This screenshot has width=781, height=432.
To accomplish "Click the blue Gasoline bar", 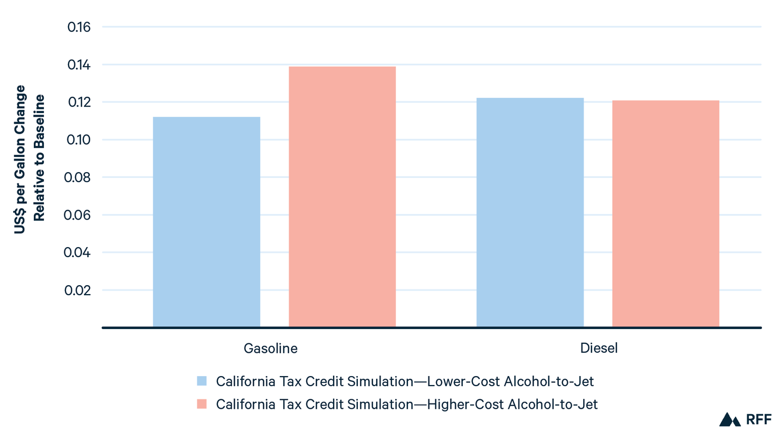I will pyautogui.click(x=206, y=222).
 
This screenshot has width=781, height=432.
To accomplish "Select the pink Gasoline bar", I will pyautogui.click(x=342, y=196).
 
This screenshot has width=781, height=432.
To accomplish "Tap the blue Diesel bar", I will pyautogui.click(x=530, y=212).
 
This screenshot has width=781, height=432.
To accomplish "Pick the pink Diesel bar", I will pyautogui.click(x=665, y=213).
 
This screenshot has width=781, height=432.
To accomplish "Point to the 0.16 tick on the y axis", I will pyautogui.click(x=79, y=27).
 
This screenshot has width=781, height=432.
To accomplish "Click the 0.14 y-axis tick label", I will pyautogui.click(x=79, y=65).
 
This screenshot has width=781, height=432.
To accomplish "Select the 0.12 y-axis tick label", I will pyautogui.click(x=79, y=102).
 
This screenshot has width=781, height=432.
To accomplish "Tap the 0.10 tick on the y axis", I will pyautogui.click(x=79, y=140).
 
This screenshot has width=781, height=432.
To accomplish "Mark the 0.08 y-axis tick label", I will pyautogui.click(x=78, y=177).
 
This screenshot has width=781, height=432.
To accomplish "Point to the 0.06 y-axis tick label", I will pyautogui.click(x=78, y=215).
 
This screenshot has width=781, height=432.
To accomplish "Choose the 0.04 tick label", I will pyautogui.click(x=78, y=252).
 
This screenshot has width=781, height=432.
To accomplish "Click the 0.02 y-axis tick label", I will pyautogui.click(x=78, y=290).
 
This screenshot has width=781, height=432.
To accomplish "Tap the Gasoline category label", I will pyautogui.click(x=270, y=349).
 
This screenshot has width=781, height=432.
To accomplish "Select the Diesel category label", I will pyautogui.click(x=598, y=348).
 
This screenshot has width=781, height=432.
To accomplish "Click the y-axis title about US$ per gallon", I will pyautogui.click(x=30, y=158).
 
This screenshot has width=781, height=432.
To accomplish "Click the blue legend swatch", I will pyautogui.click(x=202, y=381).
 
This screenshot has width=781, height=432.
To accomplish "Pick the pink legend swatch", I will pyautogui.click(x=202, y=404).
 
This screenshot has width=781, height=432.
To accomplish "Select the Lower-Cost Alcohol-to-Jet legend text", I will pyautogui.click(x=405, y=381).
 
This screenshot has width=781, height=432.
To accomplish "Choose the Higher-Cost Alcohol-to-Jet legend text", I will pyautogui.click(x=406, y=405).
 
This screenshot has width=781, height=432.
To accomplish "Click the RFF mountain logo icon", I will pyautogui.click(x=730, y=420).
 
